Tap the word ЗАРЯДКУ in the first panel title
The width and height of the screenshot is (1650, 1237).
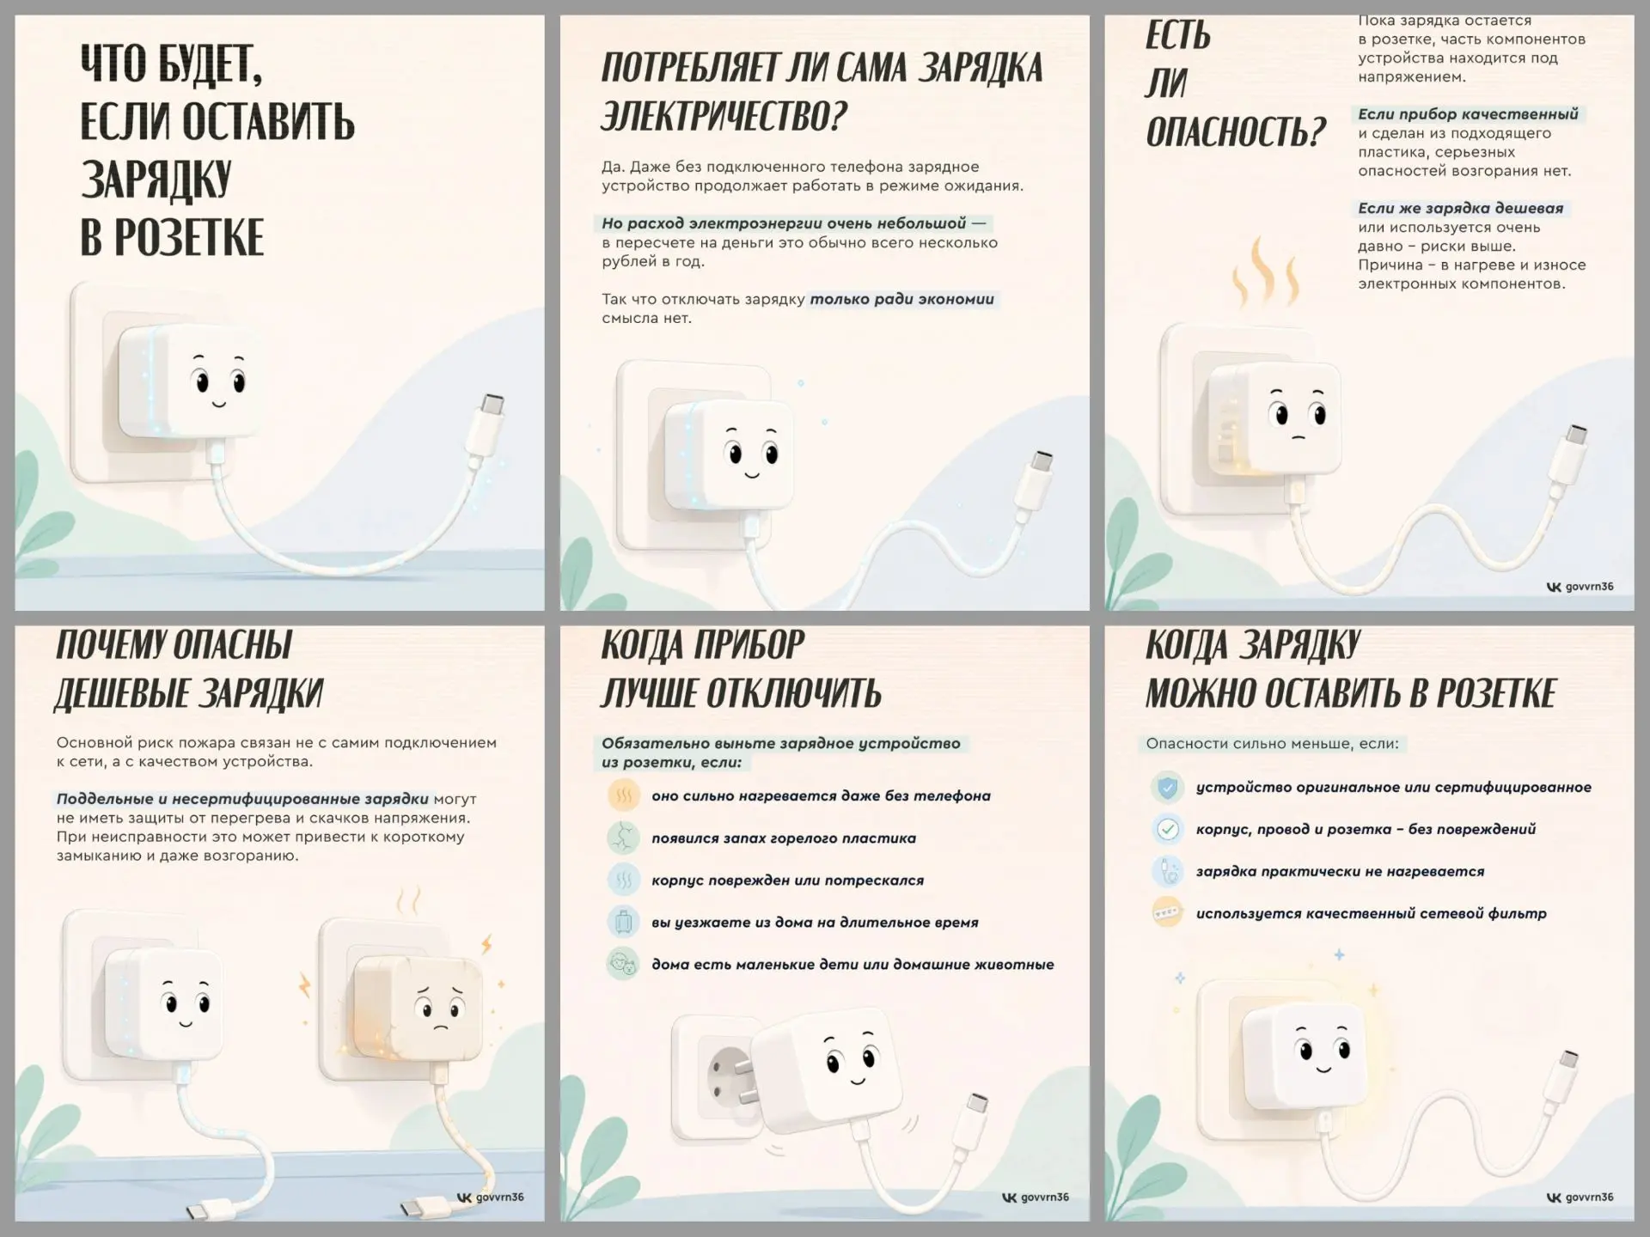pos(156,180)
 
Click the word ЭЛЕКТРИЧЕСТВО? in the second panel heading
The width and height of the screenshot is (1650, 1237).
pos(724,116)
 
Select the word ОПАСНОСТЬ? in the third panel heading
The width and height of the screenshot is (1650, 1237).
pos(1236,132)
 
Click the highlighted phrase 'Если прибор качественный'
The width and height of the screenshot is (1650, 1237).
pos(1468,114)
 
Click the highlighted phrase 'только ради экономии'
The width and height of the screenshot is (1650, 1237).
pos(901,299)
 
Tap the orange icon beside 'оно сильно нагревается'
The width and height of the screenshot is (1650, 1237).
pos(624,795)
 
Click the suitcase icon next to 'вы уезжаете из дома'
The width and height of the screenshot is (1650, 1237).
pos(624,922)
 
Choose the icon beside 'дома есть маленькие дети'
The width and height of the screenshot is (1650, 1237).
pos(624,964)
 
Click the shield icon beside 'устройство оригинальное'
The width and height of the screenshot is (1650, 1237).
pos(1167,787)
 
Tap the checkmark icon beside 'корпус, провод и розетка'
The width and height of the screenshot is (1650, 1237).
pos(1167,829)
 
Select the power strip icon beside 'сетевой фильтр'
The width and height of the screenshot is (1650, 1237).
pos(1167,913)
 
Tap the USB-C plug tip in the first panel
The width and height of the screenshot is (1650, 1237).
pos(492,404)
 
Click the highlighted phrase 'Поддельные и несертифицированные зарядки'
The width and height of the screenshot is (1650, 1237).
pos(242,799)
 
